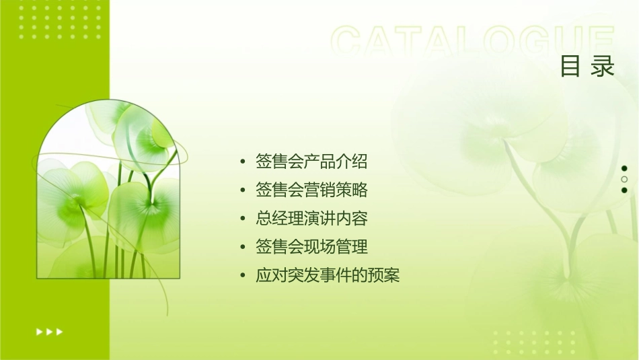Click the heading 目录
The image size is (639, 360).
pyautogui.click(x=587, y=67)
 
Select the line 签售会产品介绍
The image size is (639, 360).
pyautogui.click(x=311, y=161)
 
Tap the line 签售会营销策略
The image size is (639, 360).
pyautogui.click(x=311, y=190)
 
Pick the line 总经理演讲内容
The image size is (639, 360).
pyautogui.click(x=311, y=219)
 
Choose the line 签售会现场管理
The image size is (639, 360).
pyautogui.click(x=311, y=247)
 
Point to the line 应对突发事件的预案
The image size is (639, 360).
pyautogui.click(x=328, y=276)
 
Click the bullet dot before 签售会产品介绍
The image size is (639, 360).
pyautogui.click(x=243, y=162)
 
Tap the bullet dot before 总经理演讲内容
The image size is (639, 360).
pyautogui.click(x=243, y=219)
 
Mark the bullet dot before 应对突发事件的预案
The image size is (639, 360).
pyautogui.click(x=243, y=277)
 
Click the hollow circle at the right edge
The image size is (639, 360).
pyautogui.click(x=624, y=180)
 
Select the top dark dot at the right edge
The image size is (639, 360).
pyautogui.click(x=624, y=168)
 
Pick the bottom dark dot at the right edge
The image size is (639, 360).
pyautogui.click(x=624, y=190)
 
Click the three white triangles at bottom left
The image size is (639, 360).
pyautogui.click(x=49, y=331)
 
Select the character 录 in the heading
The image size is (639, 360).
pyautogui.click(x=603, y=67)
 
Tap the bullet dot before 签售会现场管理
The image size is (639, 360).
pyautogui.click(x=243, y=248)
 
